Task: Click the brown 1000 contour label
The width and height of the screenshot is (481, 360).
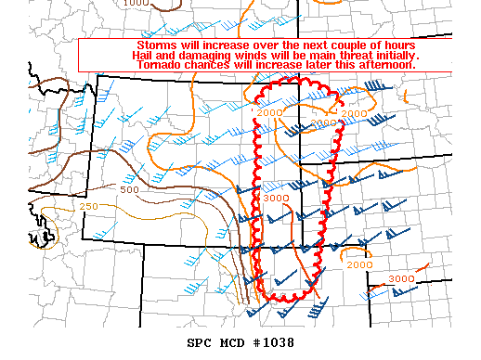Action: point(136,4)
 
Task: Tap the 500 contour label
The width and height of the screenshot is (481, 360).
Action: point(130,189)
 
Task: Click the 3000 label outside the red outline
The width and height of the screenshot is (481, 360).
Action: point(401,278)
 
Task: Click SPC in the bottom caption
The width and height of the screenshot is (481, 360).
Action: point(199,342)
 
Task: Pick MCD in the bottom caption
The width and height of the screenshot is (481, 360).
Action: point(232,342)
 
